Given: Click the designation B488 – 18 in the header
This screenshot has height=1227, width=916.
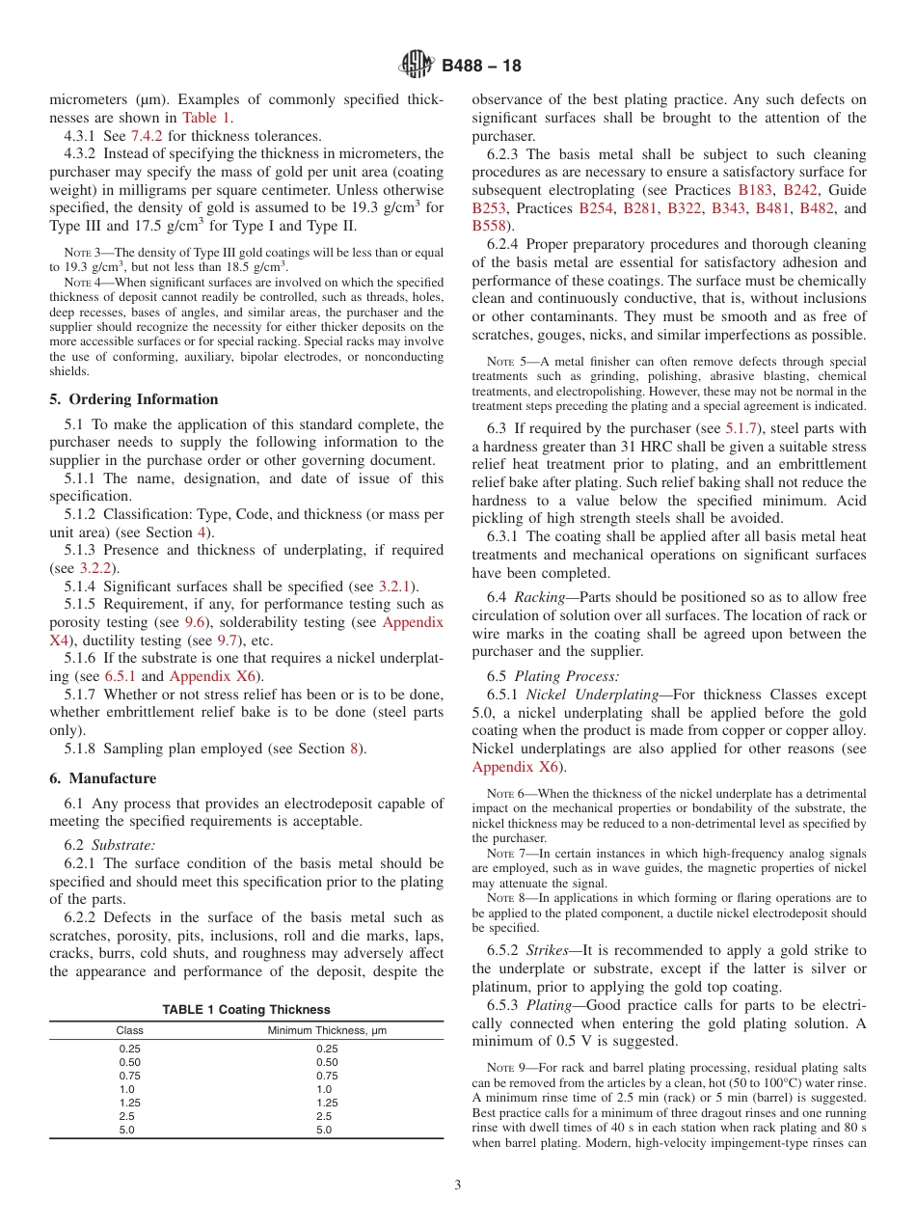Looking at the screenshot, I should [481, 66].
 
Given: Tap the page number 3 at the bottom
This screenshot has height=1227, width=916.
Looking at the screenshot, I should [458, 1185].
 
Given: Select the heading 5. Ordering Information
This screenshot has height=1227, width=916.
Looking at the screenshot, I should [133, 399].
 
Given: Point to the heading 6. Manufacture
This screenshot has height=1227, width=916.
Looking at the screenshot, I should [102, 778].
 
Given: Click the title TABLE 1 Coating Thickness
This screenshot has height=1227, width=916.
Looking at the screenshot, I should [246, 1009].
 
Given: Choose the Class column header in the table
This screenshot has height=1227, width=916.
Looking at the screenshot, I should [130, 1030].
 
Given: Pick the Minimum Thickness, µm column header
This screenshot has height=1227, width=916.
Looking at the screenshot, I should [327, 1030].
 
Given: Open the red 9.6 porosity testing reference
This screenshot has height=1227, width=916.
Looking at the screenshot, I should [195, 622].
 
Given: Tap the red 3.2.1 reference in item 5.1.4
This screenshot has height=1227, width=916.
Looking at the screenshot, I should [394, 586].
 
